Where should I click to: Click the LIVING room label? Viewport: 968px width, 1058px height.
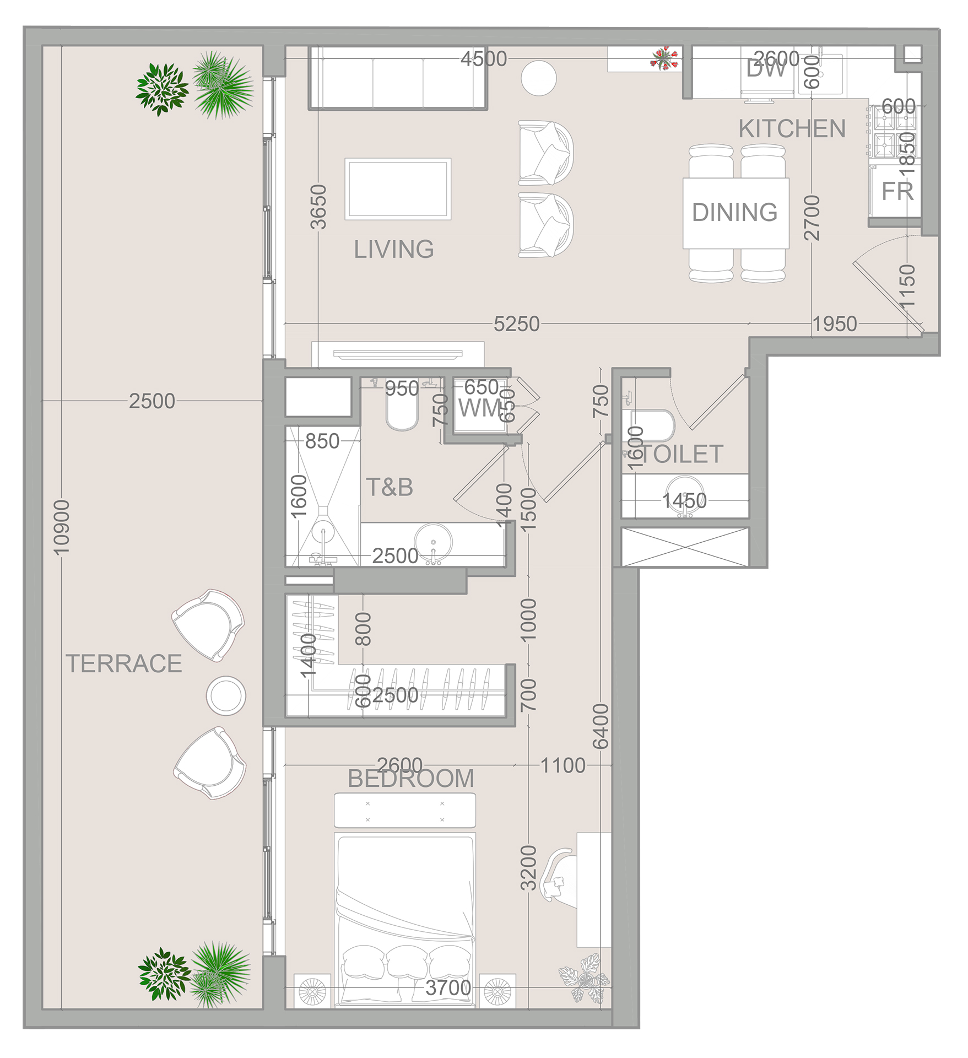[x=393, y=250]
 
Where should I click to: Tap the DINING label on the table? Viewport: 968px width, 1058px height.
[x=734, y=212]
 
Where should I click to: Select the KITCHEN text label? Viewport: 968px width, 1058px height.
[x=792, y=129]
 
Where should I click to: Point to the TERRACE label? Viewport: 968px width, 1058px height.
[x=124, y=663]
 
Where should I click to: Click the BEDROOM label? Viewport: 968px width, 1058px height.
[x=411, y=779]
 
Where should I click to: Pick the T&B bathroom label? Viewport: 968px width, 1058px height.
[x=389, y=488]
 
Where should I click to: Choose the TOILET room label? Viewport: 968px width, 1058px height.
[x=682, y=455]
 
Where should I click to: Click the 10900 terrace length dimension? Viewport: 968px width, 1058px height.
[x=62, y=527]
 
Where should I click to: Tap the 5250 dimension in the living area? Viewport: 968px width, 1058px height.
[x=516, y=324]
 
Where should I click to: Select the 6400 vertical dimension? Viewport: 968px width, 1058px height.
[x=601, y=726]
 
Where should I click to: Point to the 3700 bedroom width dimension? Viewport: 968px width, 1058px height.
[x=448, y=988]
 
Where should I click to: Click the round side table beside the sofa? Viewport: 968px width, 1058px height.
[x=539, y=78]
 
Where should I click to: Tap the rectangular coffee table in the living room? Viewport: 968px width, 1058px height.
[x=398, y=189]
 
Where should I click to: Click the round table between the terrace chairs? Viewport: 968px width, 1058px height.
[x=226, y=696]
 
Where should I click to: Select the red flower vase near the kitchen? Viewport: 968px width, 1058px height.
[x=665, y=58]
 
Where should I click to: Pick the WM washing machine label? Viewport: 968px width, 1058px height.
[x=478, y=408]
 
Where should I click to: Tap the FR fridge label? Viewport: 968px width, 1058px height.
[x=897, y=192]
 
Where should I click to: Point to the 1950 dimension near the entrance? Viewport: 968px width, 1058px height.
[x=835, y=324]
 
